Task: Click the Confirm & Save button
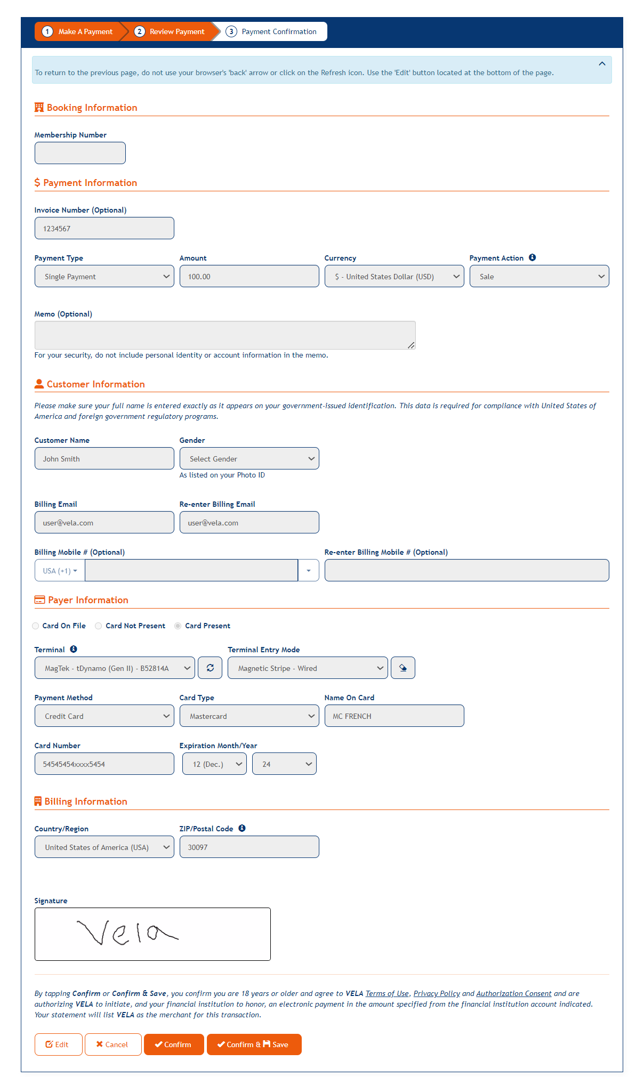coord(254,1044)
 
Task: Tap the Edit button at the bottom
coord(58,1044)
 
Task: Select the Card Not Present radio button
coord(99,626)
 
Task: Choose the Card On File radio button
coord(36,626)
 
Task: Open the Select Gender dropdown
coord(249,458)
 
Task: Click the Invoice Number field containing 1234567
coord(104,228)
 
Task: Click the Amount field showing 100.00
coord(249,276)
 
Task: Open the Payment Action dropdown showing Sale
coord(539,276)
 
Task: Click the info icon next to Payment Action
coord(532,257)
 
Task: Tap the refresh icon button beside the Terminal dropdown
coord(210,668)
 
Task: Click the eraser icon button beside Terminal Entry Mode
coord(402,668)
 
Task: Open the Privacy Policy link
coord(436,993)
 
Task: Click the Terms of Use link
coord(387,993)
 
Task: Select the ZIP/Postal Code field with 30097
coord(249,847)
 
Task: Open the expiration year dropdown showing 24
coord(284,764)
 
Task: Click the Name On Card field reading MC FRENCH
coord(394,716)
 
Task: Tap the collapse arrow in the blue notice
coord(602,63)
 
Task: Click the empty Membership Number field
coord(80,153)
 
